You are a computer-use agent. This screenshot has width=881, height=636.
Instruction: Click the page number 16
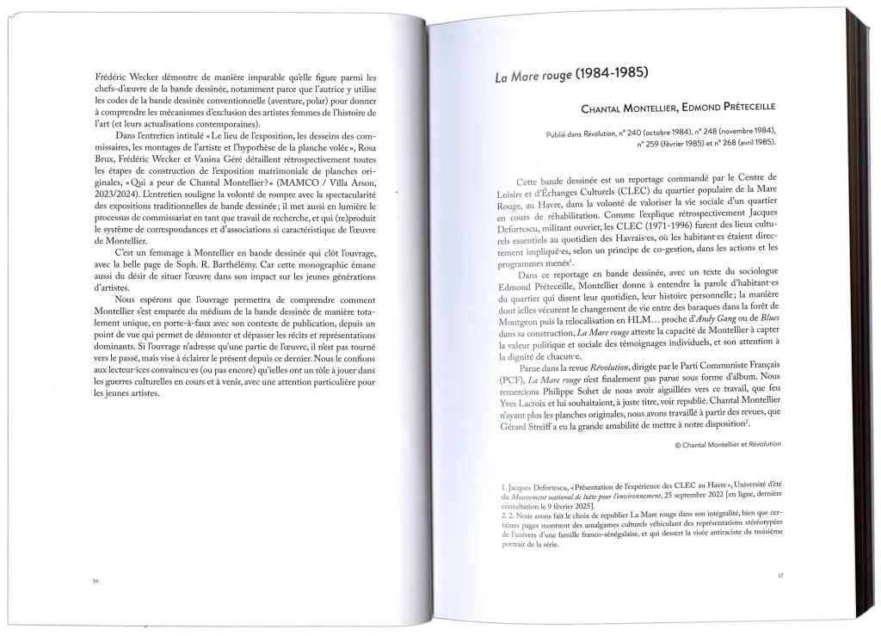(95, 581)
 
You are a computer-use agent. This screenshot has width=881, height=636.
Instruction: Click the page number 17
(779, 575)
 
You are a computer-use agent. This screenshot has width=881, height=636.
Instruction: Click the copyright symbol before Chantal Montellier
(679, 444)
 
